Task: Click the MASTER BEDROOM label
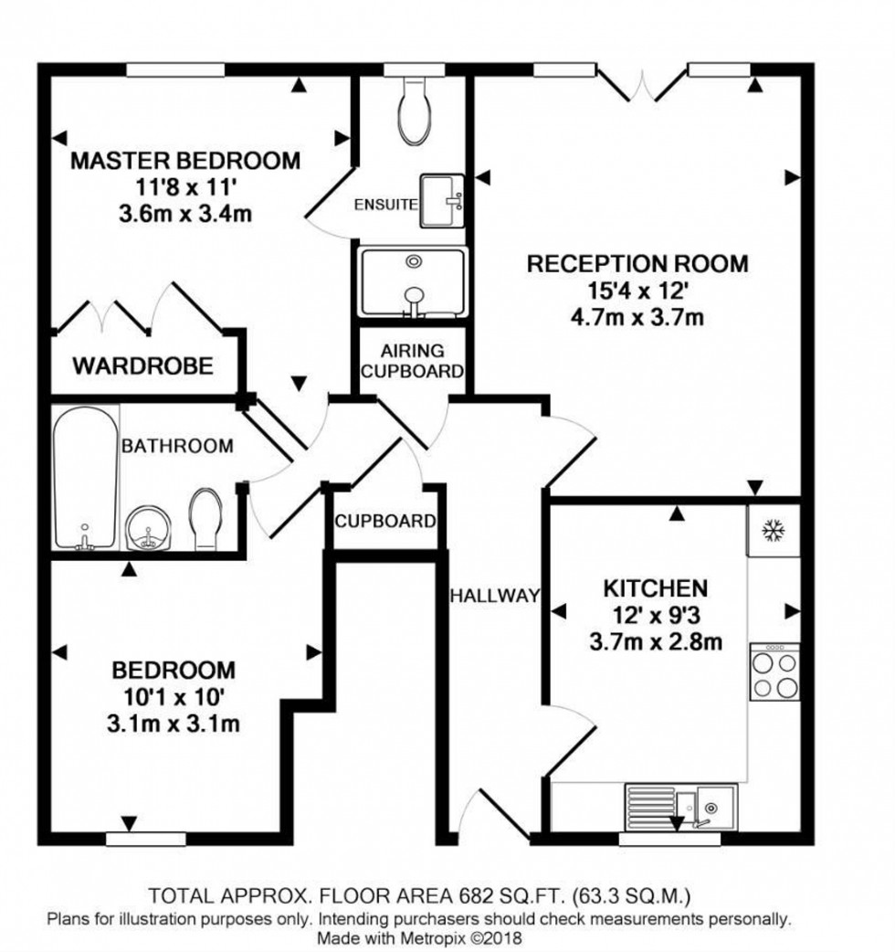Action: tap(185, 162)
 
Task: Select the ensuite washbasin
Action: tap(443, 201)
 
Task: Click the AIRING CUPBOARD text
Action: tap(412, 361)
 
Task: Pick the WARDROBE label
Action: tap(143, 366)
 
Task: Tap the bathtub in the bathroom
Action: tap(84, 477)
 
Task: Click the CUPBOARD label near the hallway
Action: tap(384, 522)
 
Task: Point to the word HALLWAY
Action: tap(494, 596)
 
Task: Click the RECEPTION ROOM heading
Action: tap(637, 264)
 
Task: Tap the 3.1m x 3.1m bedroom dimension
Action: tap(174, 725)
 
